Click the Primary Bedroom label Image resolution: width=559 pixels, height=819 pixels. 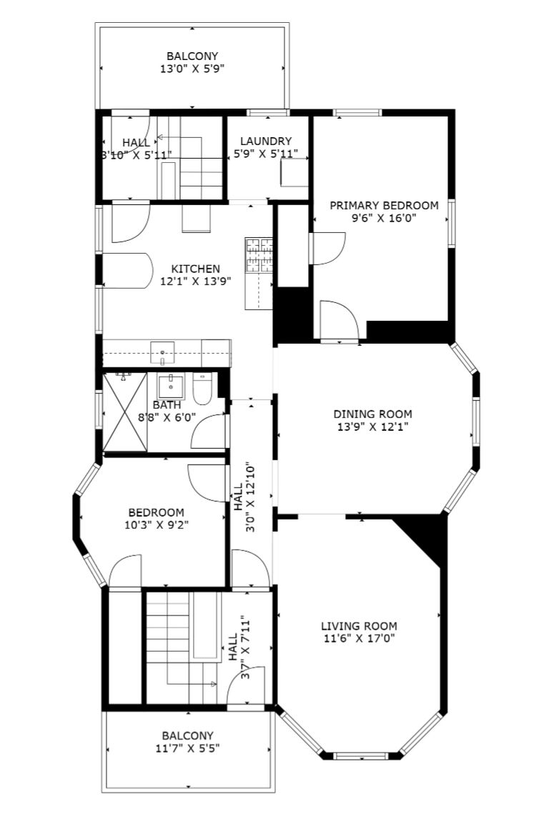point(384,205)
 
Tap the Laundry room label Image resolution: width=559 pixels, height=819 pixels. point(266,141)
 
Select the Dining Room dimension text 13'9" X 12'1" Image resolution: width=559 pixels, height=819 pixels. point(372,427)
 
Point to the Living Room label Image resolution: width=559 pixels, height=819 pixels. point(359,626)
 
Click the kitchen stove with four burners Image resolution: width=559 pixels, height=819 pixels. point(259,255)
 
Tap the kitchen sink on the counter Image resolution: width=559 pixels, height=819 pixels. point(162,352)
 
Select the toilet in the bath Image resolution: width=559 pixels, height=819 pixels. point(202,389)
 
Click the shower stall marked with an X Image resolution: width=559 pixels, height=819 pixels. point(125,412)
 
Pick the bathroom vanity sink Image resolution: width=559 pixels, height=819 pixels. point(171,386)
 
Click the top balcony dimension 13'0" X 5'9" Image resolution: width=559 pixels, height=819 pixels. point(192,69)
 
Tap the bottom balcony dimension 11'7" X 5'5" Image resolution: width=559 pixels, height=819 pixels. point(187,748)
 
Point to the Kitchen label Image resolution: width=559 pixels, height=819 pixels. point(196,269)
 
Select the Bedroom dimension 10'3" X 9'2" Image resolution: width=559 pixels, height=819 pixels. point(157,525)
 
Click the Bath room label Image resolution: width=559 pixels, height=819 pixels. point(167,404)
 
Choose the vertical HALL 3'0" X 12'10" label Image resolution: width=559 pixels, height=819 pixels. point(244,497)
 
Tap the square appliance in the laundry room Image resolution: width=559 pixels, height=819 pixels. point(294,172)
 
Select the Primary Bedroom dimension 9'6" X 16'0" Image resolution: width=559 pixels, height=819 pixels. point(384,218)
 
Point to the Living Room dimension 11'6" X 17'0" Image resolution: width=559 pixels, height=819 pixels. point(359,637)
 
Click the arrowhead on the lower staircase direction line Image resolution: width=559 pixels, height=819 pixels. point(213,684)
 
